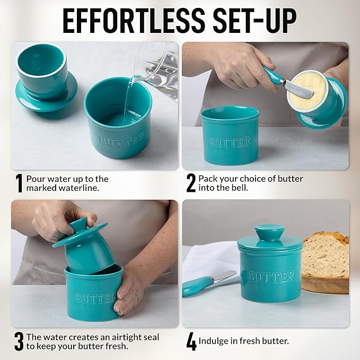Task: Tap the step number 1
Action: point(19,183)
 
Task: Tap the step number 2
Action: point(191,183)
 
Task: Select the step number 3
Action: point(19,342)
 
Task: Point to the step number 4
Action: point(191,342)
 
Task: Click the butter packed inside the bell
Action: point(308,87)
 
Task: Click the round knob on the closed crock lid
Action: point(269,232)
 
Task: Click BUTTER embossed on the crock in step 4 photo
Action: point(271,277)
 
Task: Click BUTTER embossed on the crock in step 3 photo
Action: point(96,298)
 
